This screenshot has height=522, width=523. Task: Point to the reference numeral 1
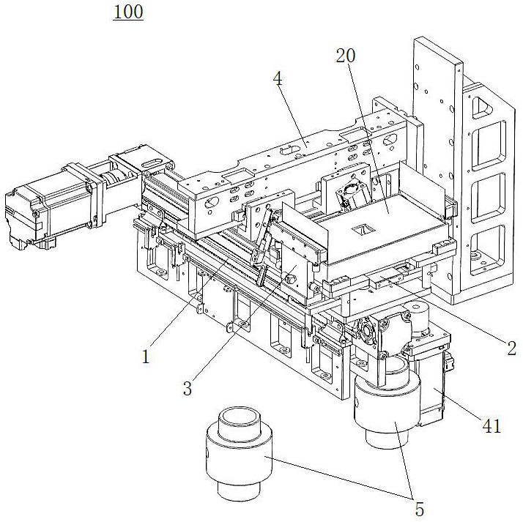(146, 357)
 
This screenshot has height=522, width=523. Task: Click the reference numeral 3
(188, 389)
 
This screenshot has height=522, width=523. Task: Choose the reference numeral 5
(420, 507)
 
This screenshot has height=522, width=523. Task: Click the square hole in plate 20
(361, 231)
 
